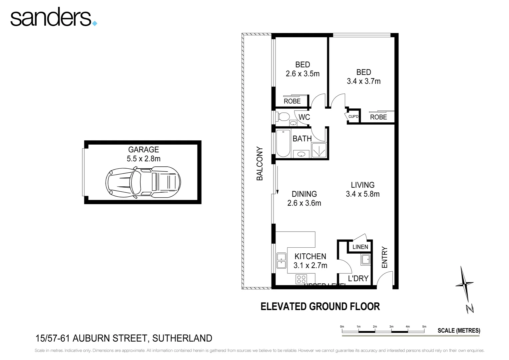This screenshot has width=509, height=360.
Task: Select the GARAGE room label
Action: (x=144, y=150)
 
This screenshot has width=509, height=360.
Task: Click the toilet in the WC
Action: (x=283, y=117)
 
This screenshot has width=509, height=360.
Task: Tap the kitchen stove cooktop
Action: (x=301, y=279)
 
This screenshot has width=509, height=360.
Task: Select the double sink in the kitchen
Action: (x=281, y=261)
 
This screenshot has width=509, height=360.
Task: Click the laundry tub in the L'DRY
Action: (x=365, y=259)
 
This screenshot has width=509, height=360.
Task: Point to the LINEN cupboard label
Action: (x=360, y=247)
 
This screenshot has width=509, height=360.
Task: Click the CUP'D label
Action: (x=353, y=117)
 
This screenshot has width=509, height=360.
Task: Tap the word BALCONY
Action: (x=260, y=164)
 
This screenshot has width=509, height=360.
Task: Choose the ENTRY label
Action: (x=385, y=257)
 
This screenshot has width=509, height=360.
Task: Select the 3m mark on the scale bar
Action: (x=391, y=327)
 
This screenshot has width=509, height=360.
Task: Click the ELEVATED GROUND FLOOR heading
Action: (x=320, y=306)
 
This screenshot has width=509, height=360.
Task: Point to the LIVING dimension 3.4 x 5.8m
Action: (x=362, y=194)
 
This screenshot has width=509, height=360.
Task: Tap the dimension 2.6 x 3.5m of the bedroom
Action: (x=302, y=74)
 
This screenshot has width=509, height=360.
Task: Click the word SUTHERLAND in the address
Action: (x=182, y=338)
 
